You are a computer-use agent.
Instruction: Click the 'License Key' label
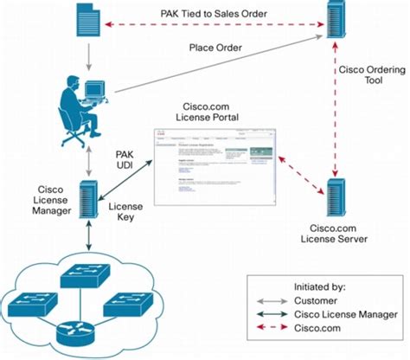click(x=127, y=214)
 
